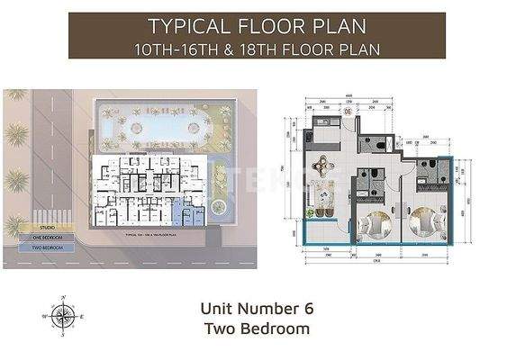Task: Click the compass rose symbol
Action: tap(64, 315)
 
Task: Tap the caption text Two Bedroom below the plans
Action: tap(257, 329)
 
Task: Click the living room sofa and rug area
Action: tap(325, 193)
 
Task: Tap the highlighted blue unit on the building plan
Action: tap(190, 214)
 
